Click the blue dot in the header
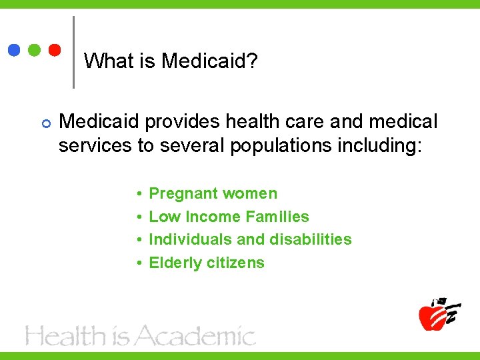coord(14,51)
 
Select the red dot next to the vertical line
coord(55,51)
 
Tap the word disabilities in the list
coord(310,239)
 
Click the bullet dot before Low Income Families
coord(137,217)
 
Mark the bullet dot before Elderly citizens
coord(137,263)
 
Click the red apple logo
coord(433,315)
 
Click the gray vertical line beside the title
coord(73,52)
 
